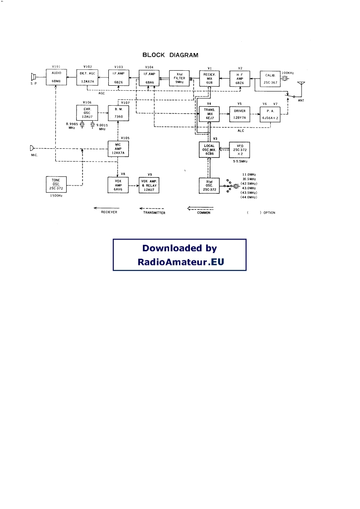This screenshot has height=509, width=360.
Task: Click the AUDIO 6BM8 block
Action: point(56,77)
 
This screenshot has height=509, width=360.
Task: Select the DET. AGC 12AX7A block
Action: point(87,77)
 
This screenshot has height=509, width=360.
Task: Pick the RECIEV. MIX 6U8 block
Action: point(209,78)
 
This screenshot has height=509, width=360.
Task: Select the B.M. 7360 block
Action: point(118,112)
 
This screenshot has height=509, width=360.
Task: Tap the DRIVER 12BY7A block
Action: point(240,113)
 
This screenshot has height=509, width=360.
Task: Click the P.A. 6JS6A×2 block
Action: point(271,113)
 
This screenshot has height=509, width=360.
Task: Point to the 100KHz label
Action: point(288,73)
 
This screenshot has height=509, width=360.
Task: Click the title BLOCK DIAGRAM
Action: point(170,55)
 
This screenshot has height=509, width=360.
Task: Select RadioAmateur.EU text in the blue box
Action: point(180,262)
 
